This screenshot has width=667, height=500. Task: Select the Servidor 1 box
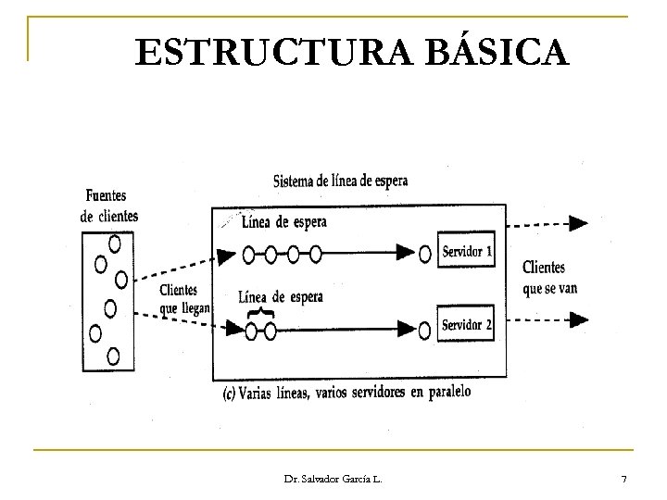[x=468, y=251]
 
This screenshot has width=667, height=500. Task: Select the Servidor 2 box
[x=468, y=325]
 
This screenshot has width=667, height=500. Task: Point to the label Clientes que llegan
[x=184, y=298]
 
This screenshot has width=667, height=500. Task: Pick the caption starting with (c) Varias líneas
[x=346, y=393]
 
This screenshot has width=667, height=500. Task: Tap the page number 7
[x=623, y=479]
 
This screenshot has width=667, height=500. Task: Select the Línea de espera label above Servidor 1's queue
[x=283, y=222]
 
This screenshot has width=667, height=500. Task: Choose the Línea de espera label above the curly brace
[x=281, y=296]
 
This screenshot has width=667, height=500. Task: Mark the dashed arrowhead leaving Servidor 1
[x=579, y=222]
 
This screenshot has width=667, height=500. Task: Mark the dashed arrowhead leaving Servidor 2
[x=579, y=319]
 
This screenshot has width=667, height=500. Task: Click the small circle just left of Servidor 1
[x=425, y=252]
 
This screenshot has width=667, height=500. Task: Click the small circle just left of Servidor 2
[x=425, y=327]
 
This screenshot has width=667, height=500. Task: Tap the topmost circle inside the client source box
[x=115, y=244]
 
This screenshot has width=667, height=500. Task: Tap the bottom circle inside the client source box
[x=113, y=355]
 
